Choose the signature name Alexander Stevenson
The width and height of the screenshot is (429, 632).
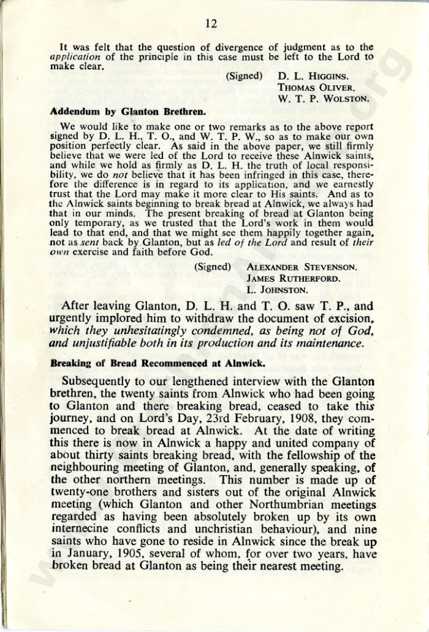click(302, 268)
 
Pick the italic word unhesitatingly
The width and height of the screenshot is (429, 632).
click(139, 331)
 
